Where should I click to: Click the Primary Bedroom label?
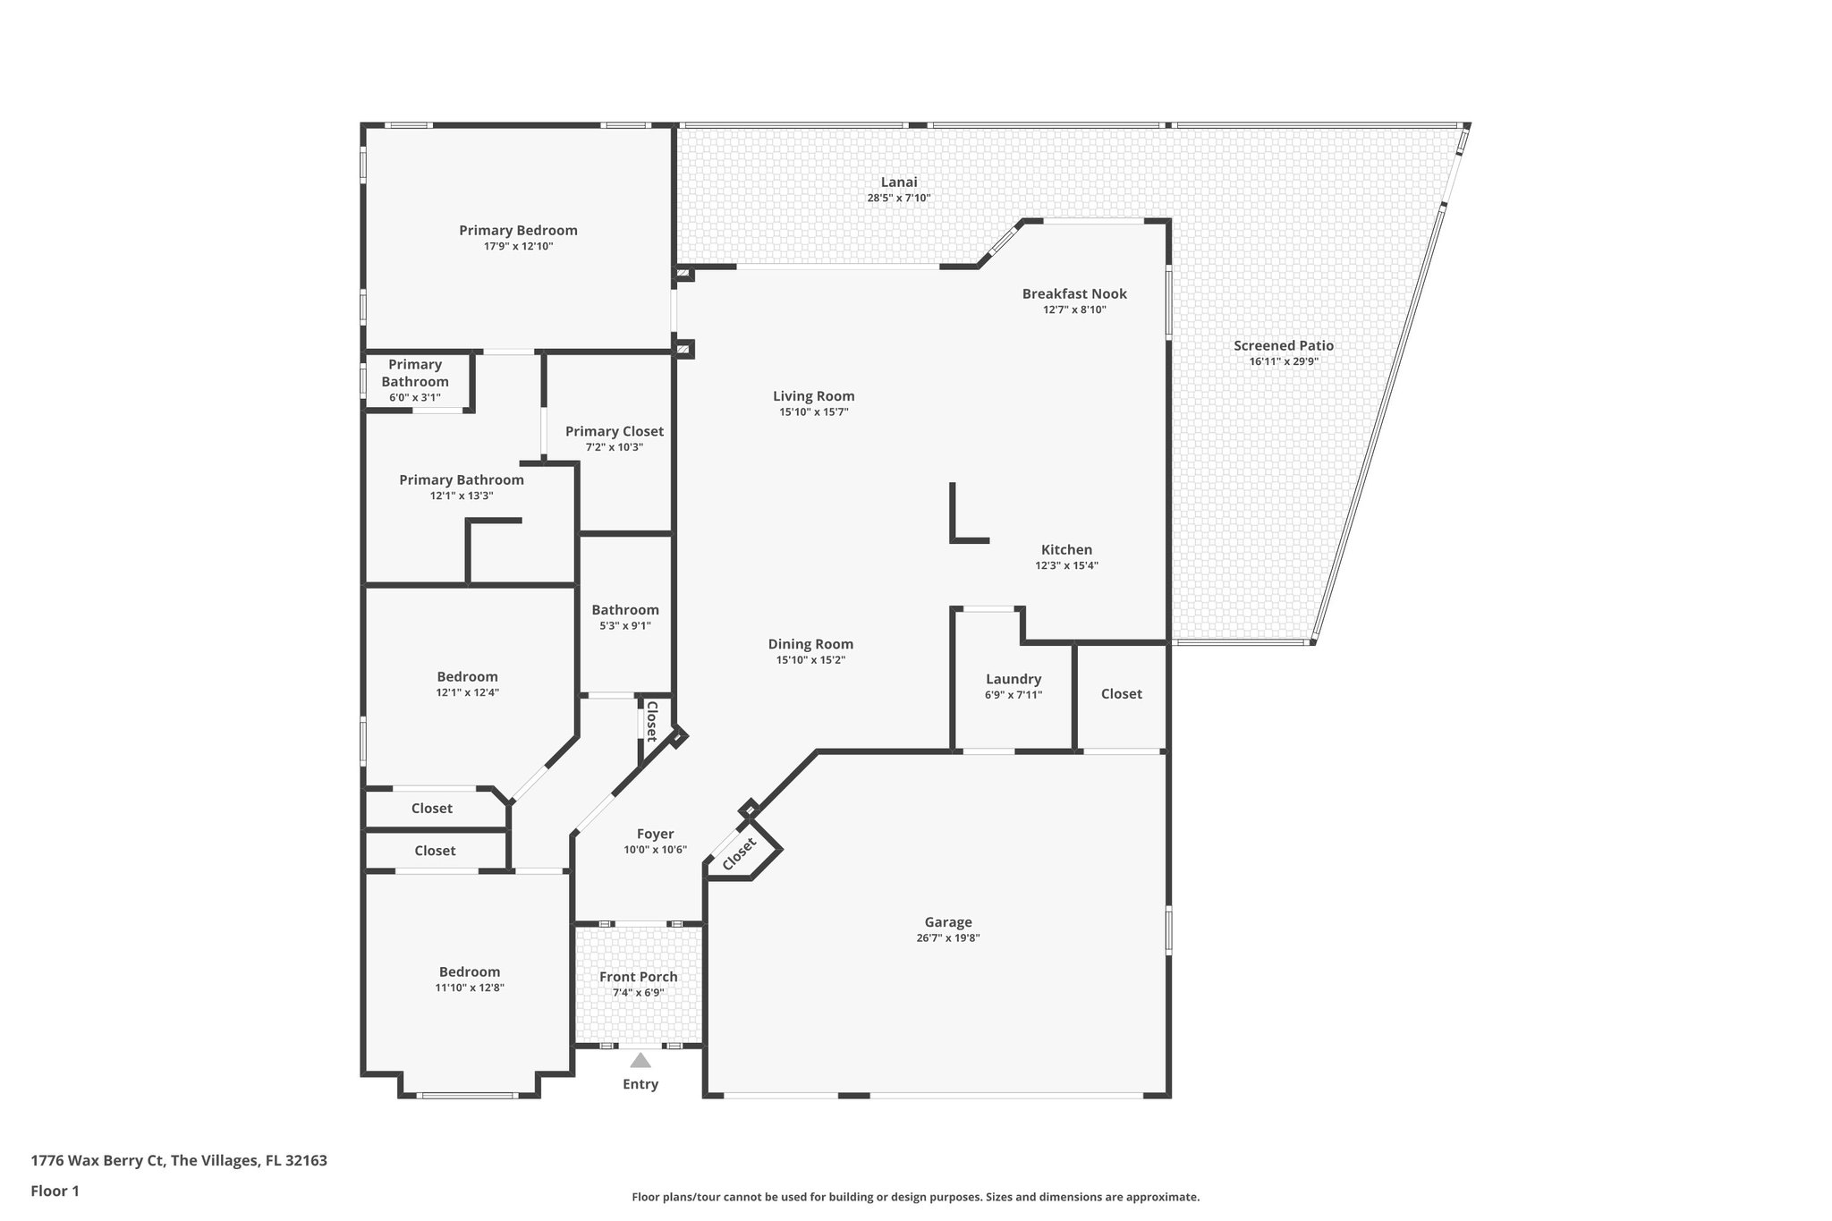coord(518,231)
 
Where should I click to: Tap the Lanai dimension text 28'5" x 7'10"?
coord(899,199)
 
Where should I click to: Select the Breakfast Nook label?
coord(1074,294)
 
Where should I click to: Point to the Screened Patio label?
coord(1284,346)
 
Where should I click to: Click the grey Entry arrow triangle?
coord(640,1061)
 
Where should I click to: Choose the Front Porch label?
coord(639,978)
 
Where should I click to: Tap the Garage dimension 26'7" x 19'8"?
coord(948,938)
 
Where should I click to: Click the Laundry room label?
coord(1014,680)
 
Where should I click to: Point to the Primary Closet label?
coord(615,432)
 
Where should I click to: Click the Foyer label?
coord(656,835)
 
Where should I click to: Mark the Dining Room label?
coord(810,644)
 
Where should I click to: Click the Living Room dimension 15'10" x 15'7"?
coord(813,412)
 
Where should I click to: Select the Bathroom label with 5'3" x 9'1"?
coord(625,611)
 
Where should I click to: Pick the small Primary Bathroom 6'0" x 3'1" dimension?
coord(415,398)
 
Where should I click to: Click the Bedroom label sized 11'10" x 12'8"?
coord(470,972)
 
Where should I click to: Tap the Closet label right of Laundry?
coord(1122,694)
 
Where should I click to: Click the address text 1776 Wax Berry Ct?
coord(98,1161)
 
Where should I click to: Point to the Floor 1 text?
coord(55,1191)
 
